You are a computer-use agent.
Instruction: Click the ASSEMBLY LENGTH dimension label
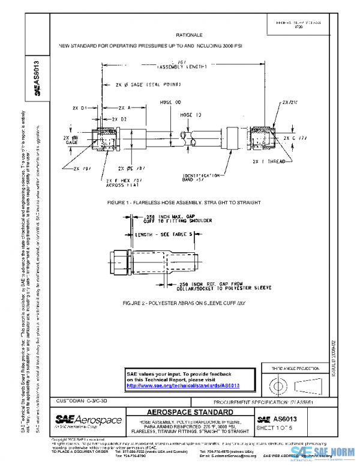coord(179,67)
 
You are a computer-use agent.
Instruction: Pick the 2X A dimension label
coord(121,108)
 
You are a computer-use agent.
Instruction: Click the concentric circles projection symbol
coord(277,383)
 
